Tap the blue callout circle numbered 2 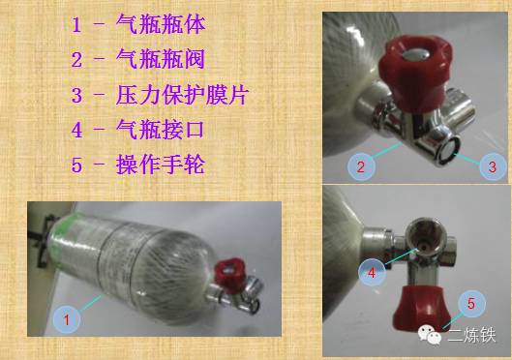click(360, 166)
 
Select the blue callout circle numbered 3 click(492, 166)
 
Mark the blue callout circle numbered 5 click(470, 304)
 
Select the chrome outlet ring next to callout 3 click(450, 146)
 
